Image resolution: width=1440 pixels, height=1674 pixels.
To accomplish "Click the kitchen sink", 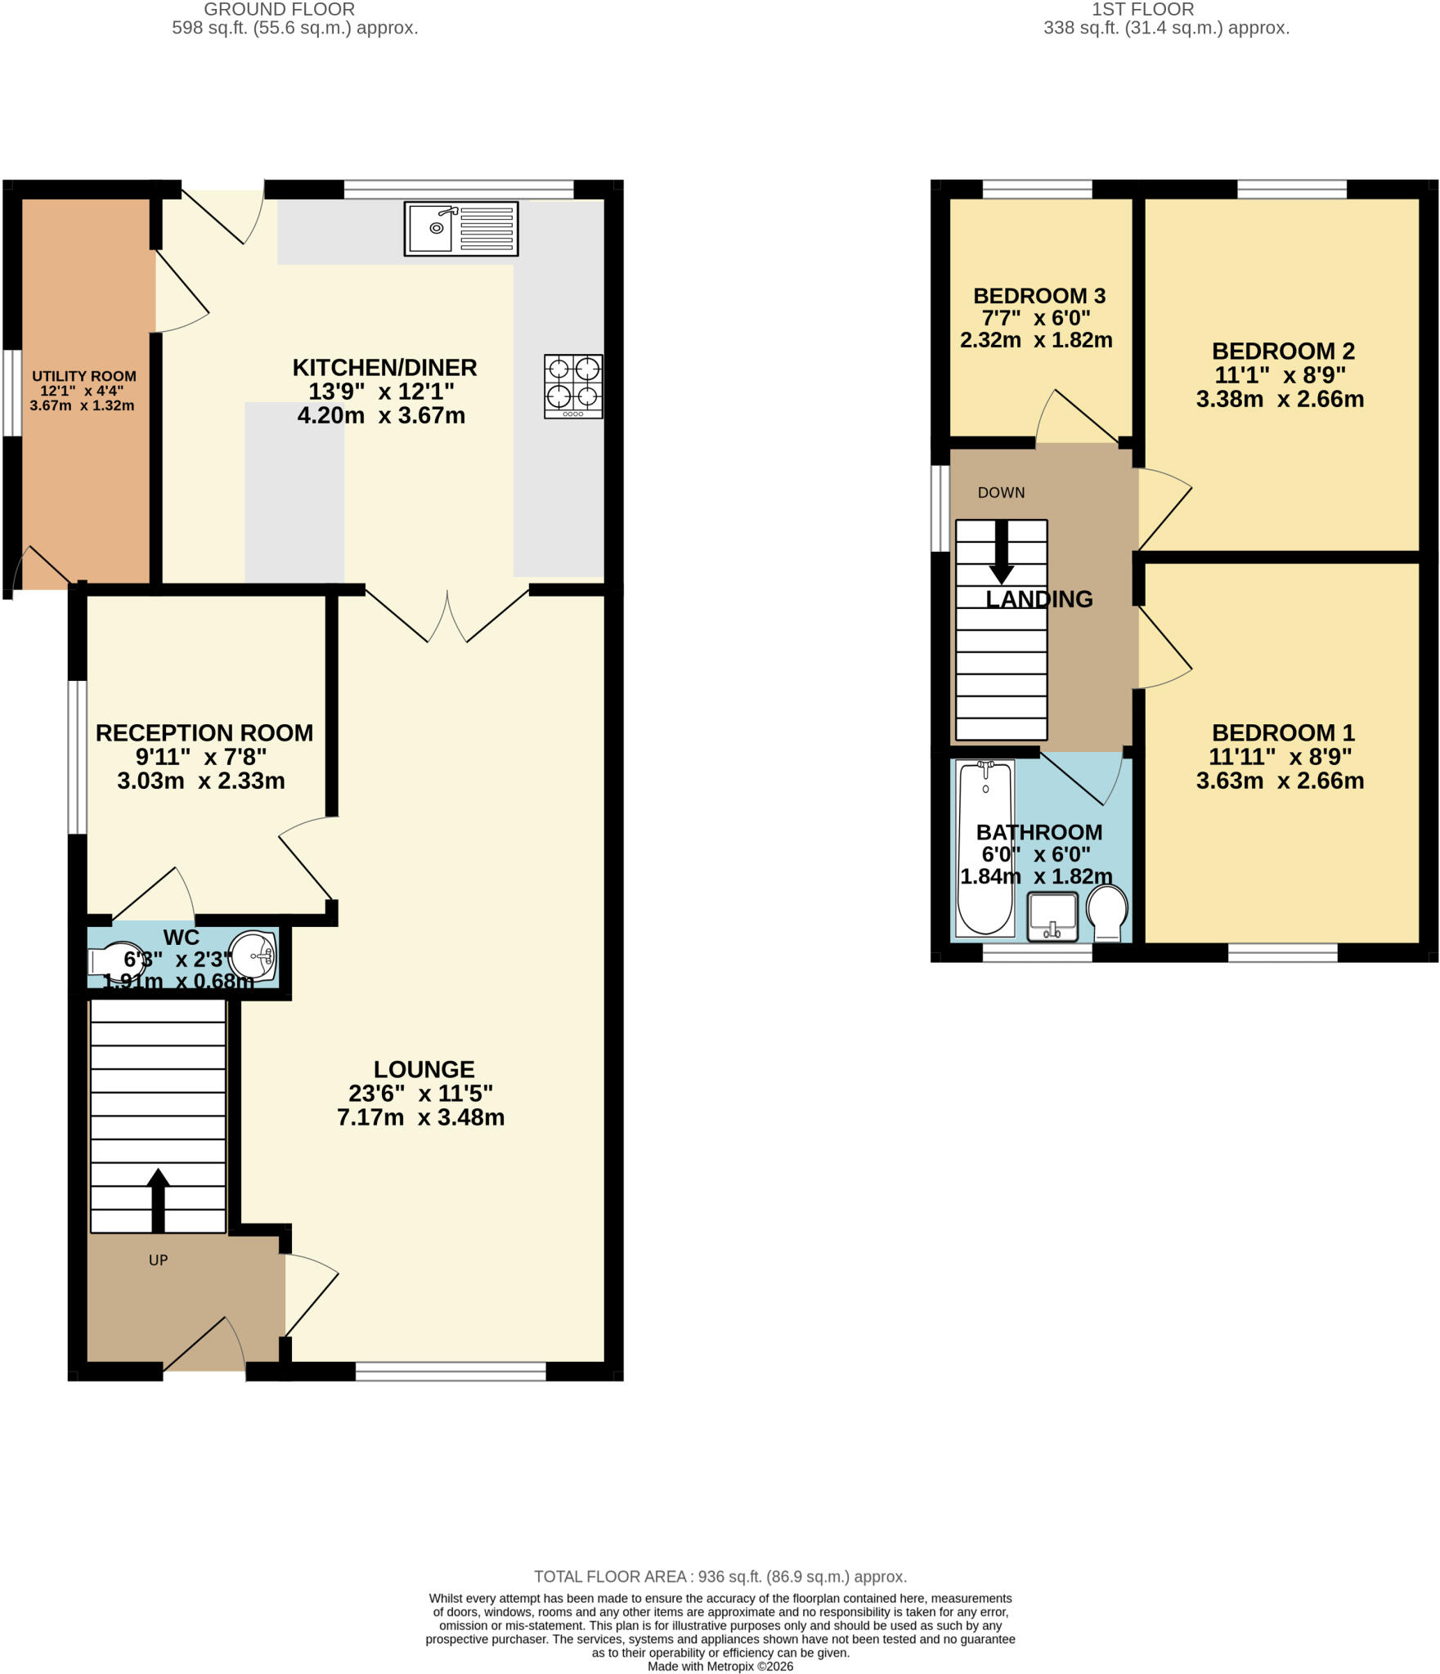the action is pyautogui.click(x=461, y=229).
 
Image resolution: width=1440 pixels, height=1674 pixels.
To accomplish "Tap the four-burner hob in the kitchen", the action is pyautogui.click(x=573, y=387).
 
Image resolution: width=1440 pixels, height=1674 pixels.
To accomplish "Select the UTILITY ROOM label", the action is pyautogui.click(x=83, y=376).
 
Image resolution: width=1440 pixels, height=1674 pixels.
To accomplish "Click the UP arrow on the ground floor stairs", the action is pyautogui.click(x=159, y=1200).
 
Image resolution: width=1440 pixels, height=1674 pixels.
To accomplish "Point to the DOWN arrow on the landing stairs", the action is pyautogui.click(x=1002, y=553).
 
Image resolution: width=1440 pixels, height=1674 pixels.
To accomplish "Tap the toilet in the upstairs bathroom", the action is pyautogui.click(x=1107, y=913).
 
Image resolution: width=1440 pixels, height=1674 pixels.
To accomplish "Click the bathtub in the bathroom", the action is pyautogui.click(x=985, y=848).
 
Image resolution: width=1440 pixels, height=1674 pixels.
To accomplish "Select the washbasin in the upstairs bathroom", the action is pyautogui.click(x=1052, y=916).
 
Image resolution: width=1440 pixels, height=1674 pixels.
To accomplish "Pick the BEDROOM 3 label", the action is pyautogui.click(x=1039, y=295).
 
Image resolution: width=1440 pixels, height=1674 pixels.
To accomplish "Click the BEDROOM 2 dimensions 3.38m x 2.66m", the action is pyautogui.click(x=1280, y=399).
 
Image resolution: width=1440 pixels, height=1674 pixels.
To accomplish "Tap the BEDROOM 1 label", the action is pyautogui.click(x=1283, y=732).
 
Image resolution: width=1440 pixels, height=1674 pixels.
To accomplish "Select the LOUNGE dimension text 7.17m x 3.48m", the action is pyautogui.click(x=420, y=1117).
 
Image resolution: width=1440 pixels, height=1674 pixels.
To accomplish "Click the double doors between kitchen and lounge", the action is pyautogui.click(x=447, y=615).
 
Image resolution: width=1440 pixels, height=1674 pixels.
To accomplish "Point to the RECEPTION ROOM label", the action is pyautogui.click(x=204, y=732).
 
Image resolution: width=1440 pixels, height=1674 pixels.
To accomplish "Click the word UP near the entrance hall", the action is pyautogui.click(x=158, y=1260).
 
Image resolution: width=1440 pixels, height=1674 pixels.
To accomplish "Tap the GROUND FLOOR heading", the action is pyautogui.click(x=279, y=10).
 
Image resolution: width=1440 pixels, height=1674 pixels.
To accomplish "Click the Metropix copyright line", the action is pyautogui.click(x=720, y=1666).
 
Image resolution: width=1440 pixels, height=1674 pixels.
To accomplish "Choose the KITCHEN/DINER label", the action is pyautogui.click(x=384, y=367).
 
